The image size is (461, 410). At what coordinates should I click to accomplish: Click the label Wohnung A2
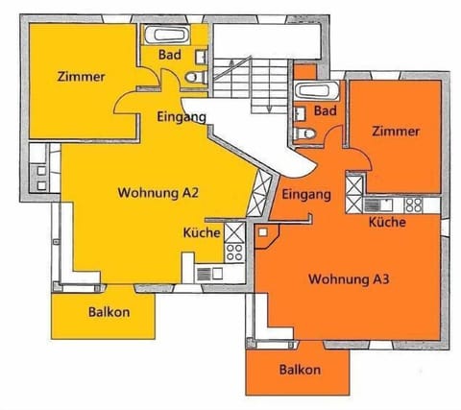(x=158, y=193)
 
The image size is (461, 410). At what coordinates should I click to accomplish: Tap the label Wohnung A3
(x=349, y=279)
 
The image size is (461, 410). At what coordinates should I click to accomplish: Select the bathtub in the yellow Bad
(x=167, y=35)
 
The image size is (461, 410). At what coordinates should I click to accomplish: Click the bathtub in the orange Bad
(x=317, y=91)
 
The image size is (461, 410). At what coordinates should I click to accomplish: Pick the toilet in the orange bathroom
(x=304, y=133)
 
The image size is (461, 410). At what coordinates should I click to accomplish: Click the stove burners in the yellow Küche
(x=234, y=253)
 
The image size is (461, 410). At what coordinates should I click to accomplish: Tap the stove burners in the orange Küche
(x=414, y=205)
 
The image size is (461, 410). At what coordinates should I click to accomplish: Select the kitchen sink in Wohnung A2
(x=209, y=274)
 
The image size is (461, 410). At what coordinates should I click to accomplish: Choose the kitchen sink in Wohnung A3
(x=378, y=205)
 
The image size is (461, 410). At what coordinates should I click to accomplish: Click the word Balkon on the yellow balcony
(x=109, y=312)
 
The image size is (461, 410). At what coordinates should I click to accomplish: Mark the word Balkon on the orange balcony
(x=300, y=370)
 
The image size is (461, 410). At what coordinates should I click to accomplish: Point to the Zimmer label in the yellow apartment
(x=82, y=77)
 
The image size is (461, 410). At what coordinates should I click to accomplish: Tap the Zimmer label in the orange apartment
(x=396, y=132)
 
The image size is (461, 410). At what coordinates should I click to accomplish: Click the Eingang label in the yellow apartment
(x=182, y=117)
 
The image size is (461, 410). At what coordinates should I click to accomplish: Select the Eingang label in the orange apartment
(x=306, y=195)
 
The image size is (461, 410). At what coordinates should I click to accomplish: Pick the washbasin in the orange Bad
(x=300, y=113)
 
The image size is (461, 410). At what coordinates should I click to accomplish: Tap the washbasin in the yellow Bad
(x=201, y=57)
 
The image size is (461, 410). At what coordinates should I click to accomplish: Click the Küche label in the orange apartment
(x=387, y=222)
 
